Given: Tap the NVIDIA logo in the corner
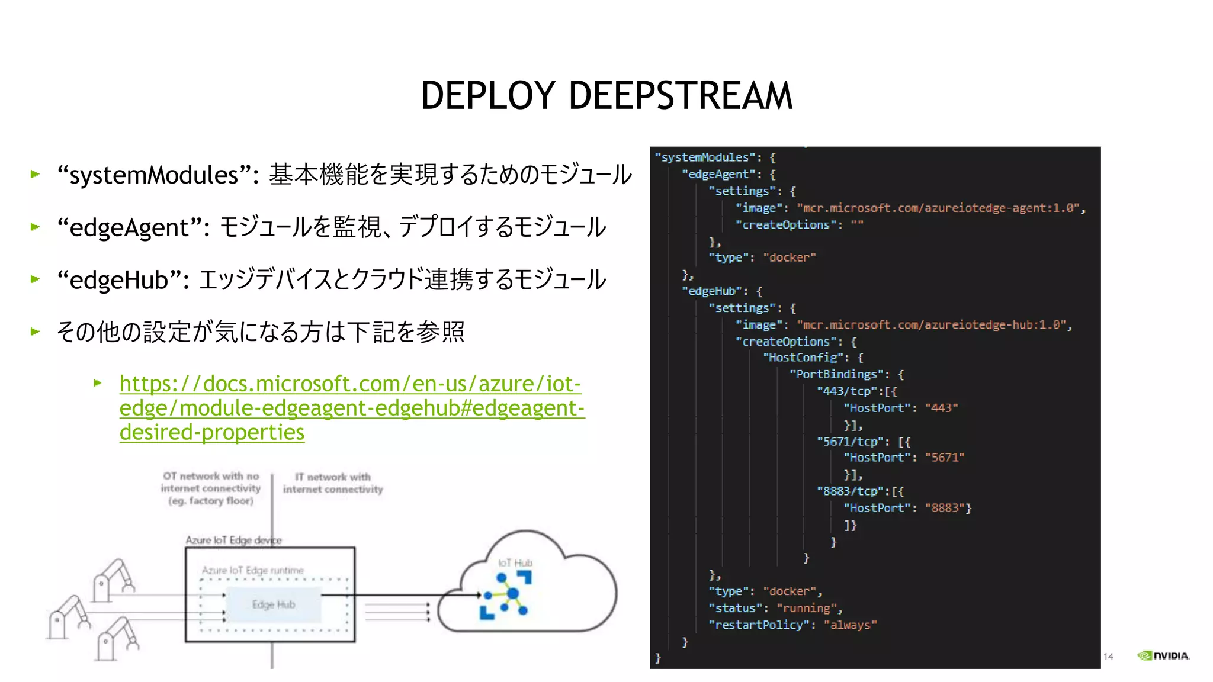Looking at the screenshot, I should click(1163, 655).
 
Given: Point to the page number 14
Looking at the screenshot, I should click(1108, 657).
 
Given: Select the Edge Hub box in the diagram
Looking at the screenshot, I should click(273, 604).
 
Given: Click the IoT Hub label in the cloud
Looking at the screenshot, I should click(515, 563).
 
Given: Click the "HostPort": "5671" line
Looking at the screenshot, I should click(904, 458).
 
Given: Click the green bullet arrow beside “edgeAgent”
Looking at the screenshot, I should click(36, 227).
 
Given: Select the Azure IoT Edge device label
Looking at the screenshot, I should click(233, 540).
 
